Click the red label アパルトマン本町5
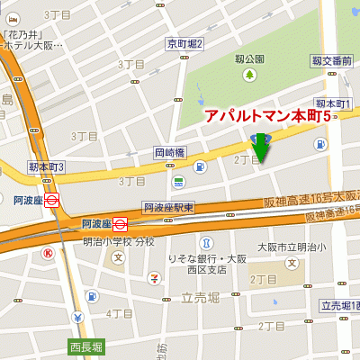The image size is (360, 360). (x=266, y=117)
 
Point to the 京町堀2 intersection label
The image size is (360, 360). (x=185, y=43)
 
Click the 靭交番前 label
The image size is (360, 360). (x=331, y=60)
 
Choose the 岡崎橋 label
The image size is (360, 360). (x=169, y=152)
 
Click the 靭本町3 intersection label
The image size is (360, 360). (x=46, y=167)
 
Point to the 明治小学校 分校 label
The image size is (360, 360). (x=119, y=241)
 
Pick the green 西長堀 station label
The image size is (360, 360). (x=86, y=346)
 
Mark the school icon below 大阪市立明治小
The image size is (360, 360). (x=291, y=263)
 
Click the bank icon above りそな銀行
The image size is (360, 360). (x=206, y=244)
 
